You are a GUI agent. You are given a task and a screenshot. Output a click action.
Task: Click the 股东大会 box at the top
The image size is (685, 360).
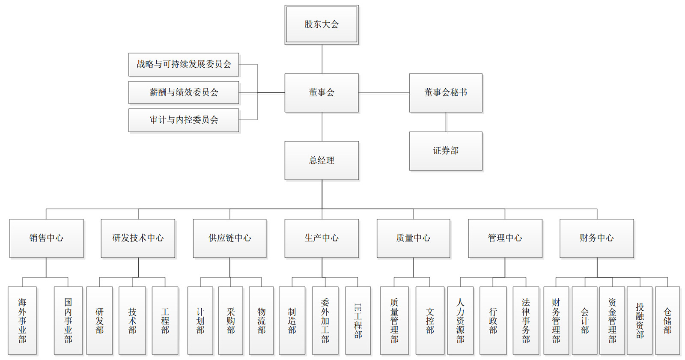(322, 25)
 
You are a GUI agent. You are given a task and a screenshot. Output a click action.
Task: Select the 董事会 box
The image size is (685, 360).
(322, 93)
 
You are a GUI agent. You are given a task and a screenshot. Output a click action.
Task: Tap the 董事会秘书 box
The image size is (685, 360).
(446, 93)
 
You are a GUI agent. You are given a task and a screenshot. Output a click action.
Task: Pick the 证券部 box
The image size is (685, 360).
(446, 151)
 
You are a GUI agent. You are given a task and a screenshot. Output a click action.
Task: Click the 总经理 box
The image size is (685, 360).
(322, 161)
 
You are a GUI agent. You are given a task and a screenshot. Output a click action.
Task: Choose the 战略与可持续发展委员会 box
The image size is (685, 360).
(184, 65)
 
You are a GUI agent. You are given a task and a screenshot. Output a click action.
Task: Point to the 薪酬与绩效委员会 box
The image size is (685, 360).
(184, 92)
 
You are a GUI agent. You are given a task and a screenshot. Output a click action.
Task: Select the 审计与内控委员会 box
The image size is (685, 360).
(184, 120)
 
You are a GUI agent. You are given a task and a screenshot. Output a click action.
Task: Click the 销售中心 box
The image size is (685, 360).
(47, 238)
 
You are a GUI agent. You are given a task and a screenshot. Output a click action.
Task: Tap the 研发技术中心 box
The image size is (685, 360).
(138, 238)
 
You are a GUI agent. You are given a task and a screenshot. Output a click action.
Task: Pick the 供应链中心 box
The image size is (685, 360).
(229, 238)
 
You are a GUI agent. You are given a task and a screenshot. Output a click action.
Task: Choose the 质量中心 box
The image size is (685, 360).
(413, 238)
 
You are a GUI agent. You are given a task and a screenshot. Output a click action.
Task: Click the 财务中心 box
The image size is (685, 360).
(597, 238)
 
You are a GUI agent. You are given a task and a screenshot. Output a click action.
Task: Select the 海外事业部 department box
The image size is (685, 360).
(22, 321)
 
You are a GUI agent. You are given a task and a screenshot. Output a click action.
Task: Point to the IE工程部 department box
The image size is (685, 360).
(358, 321)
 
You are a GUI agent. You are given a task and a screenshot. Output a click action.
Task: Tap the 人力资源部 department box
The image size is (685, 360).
(460, 321)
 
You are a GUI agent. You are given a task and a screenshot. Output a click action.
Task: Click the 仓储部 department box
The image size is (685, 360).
(667, 321)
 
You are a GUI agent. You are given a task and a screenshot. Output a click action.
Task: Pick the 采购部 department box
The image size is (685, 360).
(231, 321)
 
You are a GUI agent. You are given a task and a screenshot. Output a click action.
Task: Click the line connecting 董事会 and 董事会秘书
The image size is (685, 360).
(384, 92)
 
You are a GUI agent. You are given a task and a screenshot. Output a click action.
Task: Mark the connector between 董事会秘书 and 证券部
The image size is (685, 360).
(446, 122)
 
